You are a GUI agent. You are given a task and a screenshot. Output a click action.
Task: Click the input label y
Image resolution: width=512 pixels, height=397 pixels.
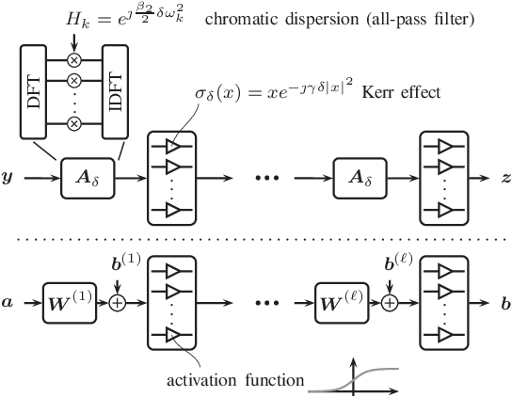point(9,176)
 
